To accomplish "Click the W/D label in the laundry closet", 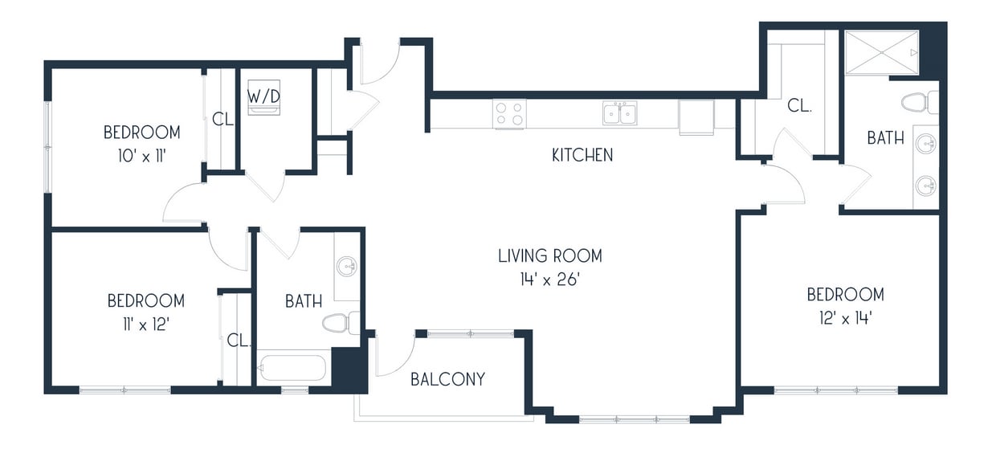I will [x=263, y=96].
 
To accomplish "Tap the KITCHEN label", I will [x=582, y=155].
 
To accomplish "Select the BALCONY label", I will [x=447, y=379].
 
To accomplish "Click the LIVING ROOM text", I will [x=549, y=256].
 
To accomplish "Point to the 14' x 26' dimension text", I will [x=549, y=280].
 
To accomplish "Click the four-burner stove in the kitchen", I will [x=509, y=113].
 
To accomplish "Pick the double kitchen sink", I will [x=619, y=113].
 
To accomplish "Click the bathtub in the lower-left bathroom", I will [x=292, y=369].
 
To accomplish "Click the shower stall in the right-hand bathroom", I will [x=880, y=51].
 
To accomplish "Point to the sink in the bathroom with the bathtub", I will [x=347, y=267].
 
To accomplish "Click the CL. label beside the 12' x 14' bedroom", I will [x=798, y=105].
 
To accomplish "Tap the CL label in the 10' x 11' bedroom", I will [x=222, y=120].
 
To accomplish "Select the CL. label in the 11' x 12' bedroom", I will [x=239, y=341].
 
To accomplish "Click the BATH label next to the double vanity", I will [x=885, y=138].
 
